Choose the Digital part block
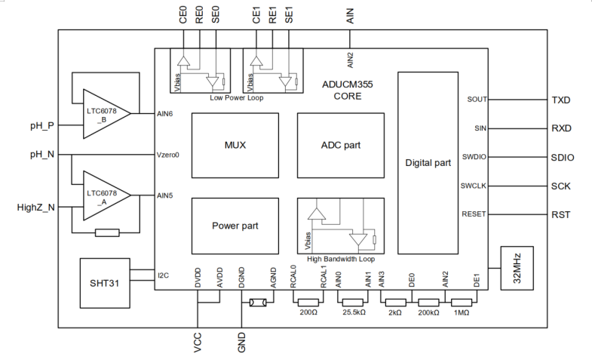[x=428, y=162]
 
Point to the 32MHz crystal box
[x=517, y=266]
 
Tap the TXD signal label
[x=562, y=100]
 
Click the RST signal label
[x=561, y=215]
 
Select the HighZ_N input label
[x=35, y=206]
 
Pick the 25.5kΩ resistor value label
[x=354, y=311]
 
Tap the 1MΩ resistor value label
[x=462, y=311]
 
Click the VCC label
[x=198, y=344]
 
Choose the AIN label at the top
[x=350, y=17]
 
